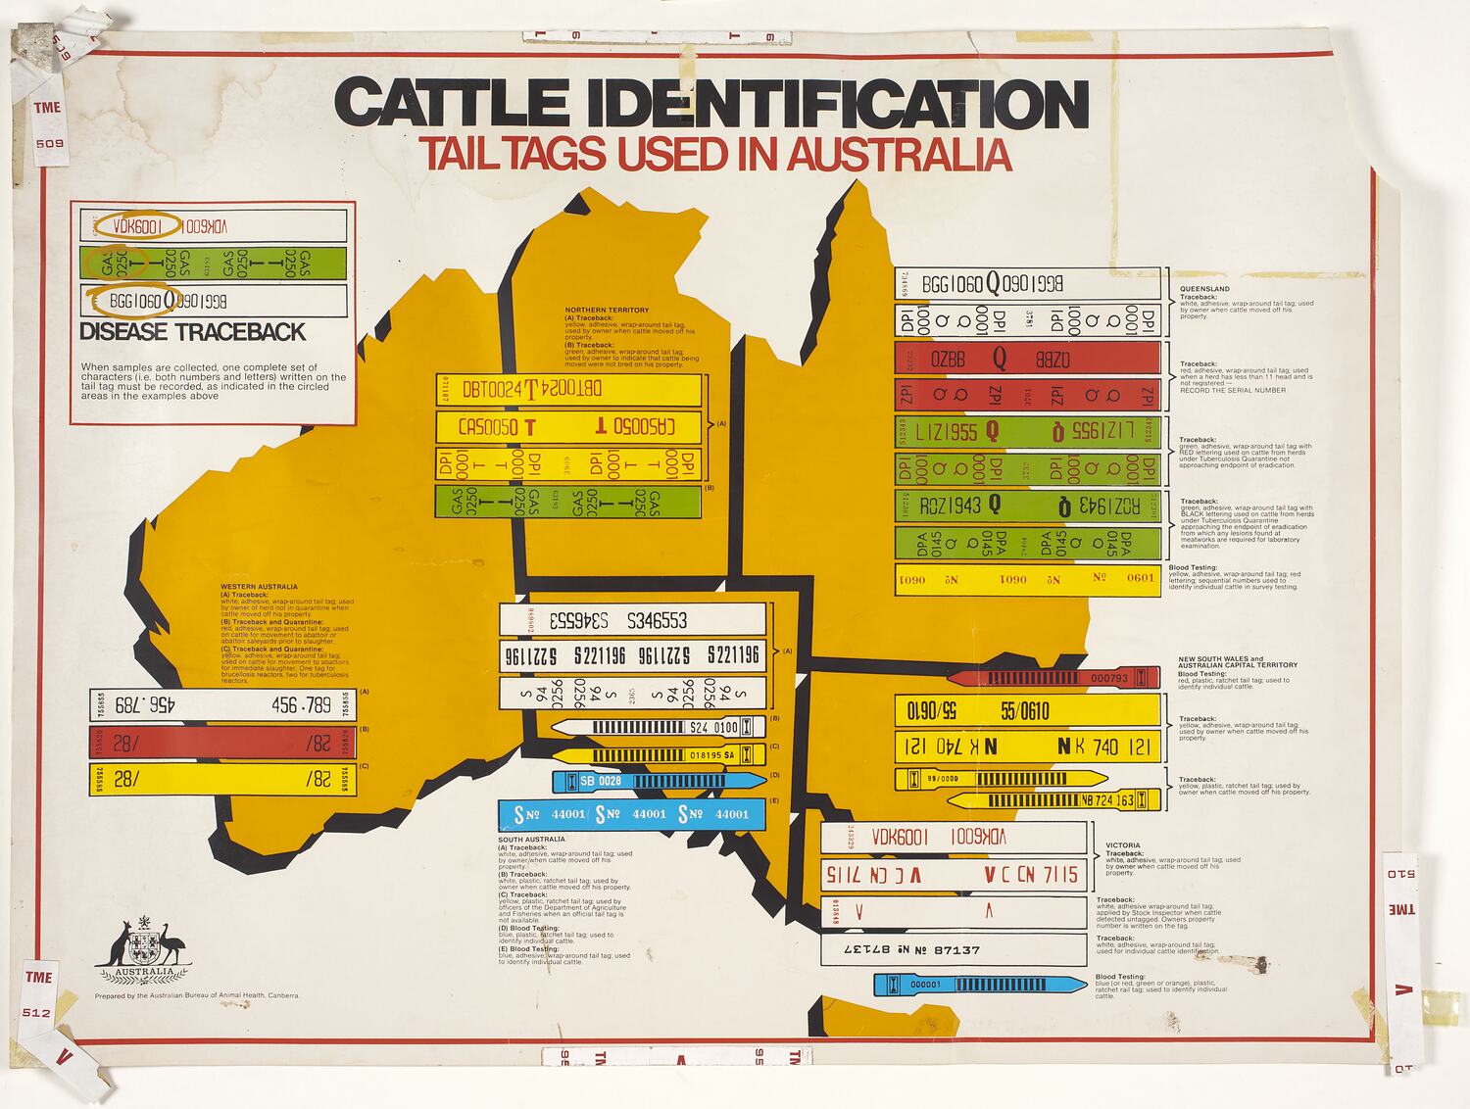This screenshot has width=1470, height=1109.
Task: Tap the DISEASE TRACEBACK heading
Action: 192,332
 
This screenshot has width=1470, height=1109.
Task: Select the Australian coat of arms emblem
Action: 144,949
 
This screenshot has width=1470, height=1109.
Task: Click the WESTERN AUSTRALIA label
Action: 259,587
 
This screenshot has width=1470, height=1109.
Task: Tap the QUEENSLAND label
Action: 1204,289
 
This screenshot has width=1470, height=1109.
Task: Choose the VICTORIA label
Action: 1122,844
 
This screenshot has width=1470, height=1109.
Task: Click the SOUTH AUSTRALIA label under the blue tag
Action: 531,839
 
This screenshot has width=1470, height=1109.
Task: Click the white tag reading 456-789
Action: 220,705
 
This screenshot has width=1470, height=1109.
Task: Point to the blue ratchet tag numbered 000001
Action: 980,984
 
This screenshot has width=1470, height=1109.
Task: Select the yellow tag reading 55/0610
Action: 1027,710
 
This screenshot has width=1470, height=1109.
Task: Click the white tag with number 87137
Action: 953,949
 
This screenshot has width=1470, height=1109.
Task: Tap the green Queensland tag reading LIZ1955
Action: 1027,431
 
